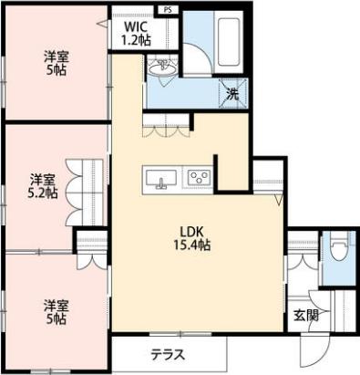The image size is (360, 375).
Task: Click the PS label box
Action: tap(168, 9)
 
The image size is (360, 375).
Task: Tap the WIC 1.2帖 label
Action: tap(136, 34)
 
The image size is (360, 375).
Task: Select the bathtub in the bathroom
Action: tap(229, 42)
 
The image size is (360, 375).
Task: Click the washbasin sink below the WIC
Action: tap(163, 68)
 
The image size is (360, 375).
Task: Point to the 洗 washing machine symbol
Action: tap(233, 94)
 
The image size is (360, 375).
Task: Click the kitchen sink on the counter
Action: tap(161, 180)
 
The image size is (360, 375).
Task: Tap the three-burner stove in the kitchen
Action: tap(199, 177)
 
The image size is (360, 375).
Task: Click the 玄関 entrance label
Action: tap(306, 316)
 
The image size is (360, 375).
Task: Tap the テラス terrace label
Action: tap(168, 355)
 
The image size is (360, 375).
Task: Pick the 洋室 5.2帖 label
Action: tap(43, 186)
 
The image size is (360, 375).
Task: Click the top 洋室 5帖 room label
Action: tap(57, 63)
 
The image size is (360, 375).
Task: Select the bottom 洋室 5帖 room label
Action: tap(56, 312)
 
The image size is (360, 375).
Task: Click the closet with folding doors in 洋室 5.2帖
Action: tap(84, 193)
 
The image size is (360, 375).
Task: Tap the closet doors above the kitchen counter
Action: tap(166, 125)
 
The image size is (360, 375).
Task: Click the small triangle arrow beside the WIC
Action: tap(102, 24)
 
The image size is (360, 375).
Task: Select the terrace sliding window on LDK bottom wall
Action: tap(180, 334)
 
